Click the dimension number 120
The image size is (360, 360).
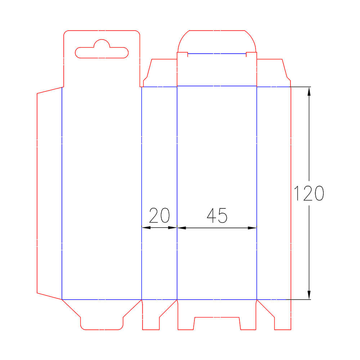(x=309, y=193)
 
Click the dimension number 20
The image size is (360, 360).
(x=159, y=215)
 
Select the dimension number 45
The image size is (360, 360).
(x=217, y=215)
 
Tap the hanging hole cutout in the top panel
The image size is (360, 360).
(x=102, y=53)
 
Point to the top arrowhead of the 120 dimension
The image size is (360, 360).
(x=309, y=91)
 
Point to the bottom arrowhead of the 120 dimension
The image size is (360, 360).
(x=309, y=295)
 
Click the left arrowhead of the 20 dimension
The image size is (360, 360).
(x=146, y=228)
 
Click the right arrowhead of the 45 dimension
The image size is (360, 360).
(x=252, y=228)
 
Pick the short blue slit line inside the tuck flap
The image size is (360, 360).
(x=217, y=54)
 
